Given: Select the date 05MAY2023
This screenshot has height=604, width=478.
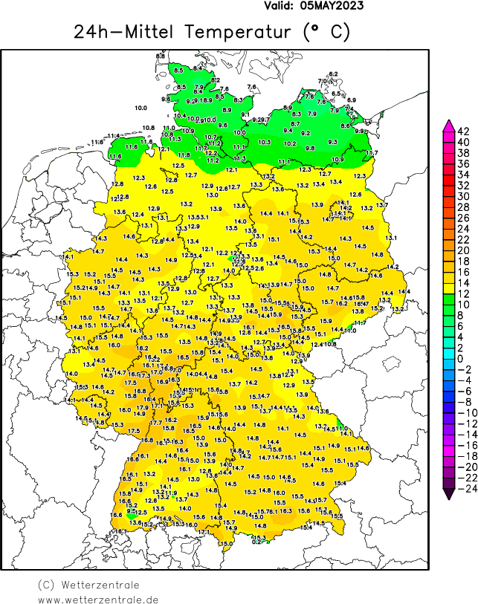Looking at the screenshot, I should (332, 5).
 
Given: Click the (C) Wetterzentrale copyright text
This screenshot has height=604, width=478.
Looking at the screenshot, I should (86, 585).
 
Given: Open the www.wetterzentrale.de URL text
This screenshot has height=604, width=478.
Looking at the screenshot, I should (98, 599).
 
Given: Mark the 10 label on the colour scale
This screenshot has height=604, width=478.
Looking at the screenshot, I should (462, 305).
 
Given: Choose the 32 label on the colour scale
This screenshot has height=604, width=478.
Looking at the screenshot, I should (462, 185).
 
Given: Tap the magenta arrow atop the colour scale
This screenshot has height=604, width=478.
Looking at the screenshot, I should (448, 123).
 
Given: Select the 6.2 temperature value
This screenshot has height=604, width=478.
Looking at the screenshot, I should (333, 74).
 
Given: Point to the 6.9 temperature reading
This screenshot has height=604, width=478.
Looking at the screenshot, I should (352, 100).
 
